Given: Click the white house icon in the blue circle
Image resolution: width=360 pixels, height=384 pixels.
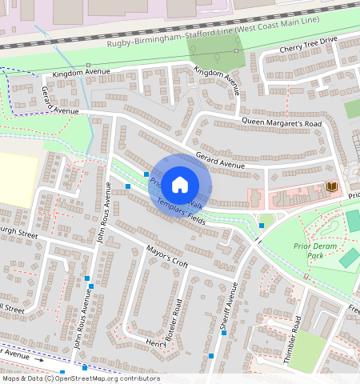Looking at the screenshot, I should click(x=180, y=184).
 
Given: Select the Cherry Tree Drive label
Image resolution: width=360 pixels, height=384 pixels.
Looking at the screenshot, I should click(x=309, y=50).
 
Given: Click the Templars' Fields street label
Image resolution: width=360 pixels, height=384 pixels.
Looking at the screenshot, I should click(x=181, y=213).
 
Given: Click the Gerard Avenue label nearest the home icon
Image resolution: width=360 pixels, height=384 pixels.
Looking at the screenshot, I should click(x=219, y=164).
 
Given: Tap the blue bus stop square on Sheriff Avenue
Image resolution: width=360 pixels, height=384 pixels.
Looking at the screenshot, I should click(x=261, y=226).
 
